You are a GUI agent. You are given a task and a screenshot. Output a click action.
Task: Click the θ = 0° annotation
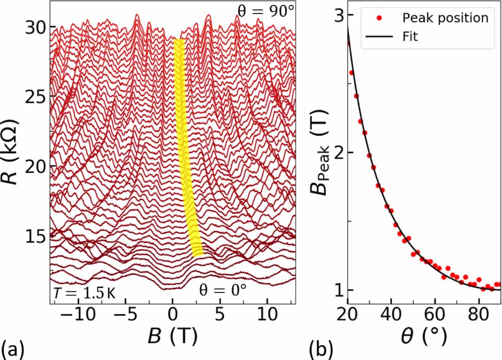[223, 290]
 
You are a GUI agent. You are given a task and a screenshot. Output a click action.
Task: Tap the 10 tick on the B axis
[267, 314]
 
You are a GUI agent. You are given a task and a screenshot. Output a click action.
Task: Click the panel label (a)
[10, 349]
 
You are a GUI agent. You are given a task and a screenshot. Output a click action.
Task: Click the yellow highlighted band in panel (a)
[185, 147]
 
